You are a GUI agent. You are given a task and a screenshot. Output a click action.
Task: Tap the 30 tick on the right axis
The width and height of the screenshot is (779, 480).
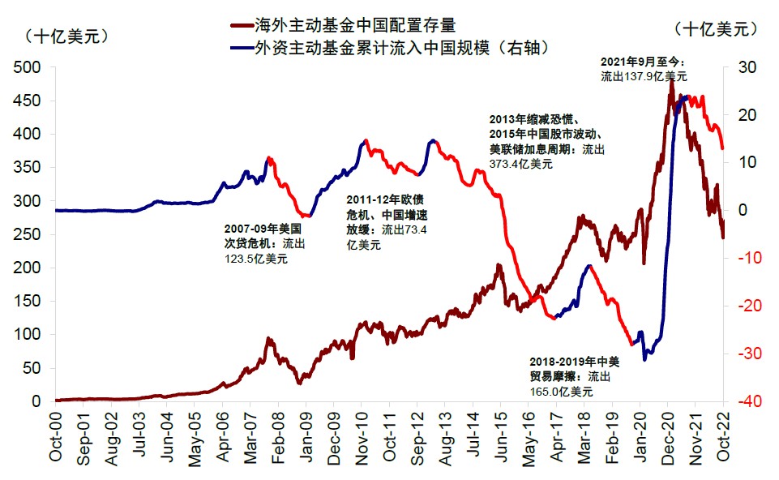(747, 67)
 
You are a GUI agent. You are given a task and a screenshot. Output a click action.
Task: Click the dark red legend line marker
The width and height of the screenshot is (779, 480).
(242, 27)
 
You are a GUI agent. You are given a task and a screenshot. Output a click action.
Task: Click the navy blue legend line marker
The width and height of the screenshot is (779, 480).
(242, 49)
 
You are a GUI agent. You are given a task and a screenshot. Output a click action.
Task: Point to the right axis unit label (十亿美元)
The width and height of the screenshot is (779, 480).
(716, 28)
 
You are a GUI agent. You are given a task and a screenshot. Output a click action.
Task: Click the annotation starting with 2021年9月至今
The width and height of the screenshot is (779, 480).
(644, 69)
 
